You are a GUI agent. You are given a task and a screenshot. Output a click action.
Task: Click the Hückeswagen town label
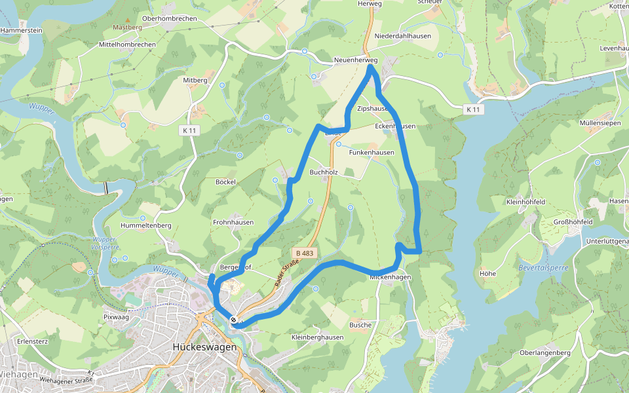tap(204, 347)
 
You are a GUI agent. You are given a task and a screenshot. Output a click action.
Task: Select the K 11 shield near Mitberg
tap(189, 130)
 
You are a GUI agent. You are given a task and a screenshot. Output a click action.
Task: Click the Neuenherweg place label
tap(356, 60)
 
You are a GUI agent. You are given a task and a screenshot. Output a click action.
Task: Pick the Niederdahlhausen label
tap(403, 36)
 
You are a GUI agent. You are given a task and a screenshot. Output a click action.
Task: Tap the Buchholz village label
tap(324, 172)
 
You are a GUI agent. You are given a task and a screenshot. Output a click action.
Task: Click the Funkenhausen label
tap(372, 153)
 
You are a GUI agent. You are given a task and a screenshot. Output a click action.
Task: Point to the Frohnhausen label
tap(233, 222)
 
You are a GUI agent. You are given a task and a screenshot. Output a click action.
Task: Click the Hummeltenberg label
tap(146, 225)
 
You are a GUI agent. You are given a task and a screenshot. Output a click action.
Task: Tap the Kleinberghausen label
tap(317, 337)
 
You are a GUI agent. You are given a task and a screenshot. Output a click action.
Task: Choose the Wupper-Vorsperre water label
tap(104, 244)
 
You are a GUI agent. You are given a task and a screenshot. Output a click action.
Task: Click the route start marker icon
tap(234, 320)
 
